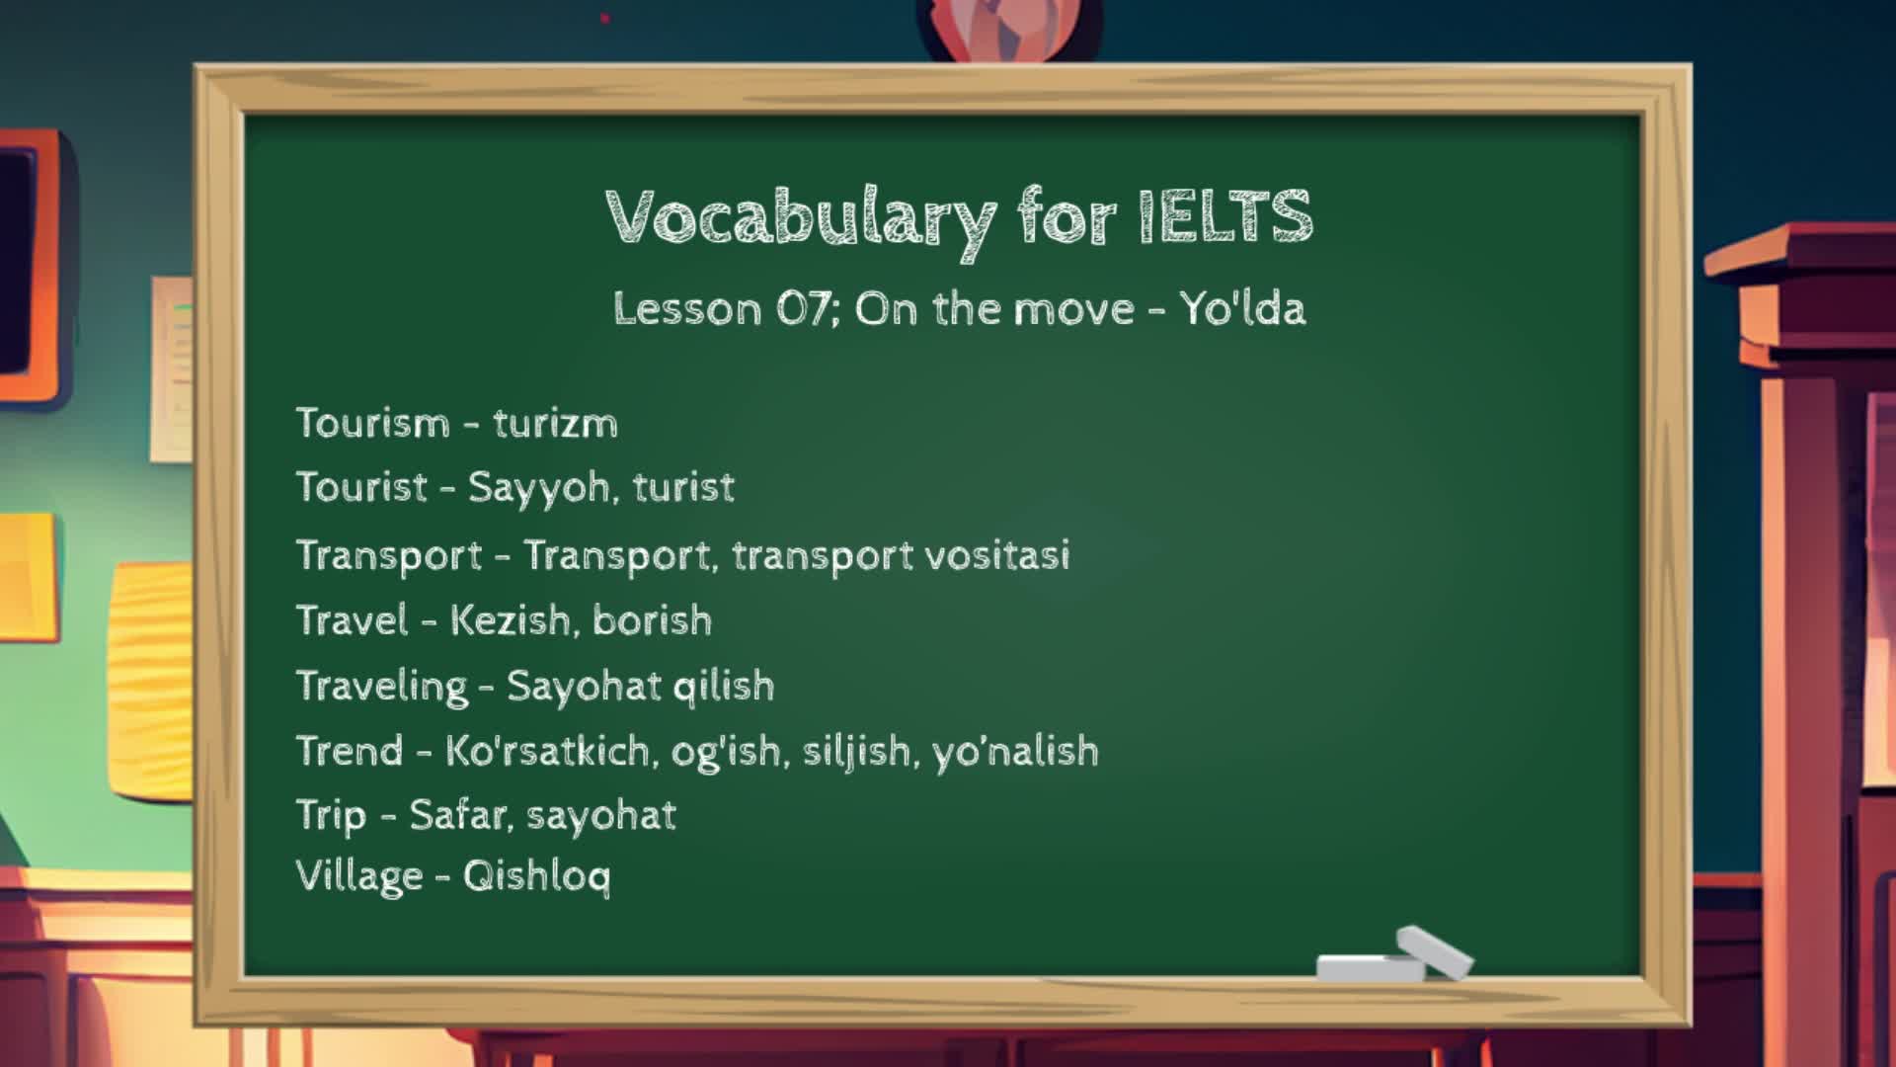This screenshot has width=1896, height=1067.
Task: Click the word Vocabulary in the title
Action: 801,219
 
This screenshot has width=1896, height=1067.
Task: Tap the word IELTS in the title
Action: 1225,215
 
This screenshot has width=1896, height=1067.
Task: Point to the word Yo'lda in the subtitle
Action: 1242,308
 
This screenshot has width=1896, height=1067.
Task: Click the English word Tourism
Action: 373,423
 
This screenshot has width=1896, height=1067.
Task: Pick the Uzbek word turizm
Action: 555,423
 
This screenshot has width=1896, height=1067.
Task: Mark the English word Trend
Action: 350,751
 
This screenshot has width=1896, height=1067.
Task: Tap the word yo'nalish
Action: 1016,751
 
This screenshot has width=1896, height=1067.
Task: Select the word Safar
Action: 461,815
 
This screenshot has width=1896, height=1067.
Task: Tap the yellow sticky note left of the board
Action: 150,667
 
